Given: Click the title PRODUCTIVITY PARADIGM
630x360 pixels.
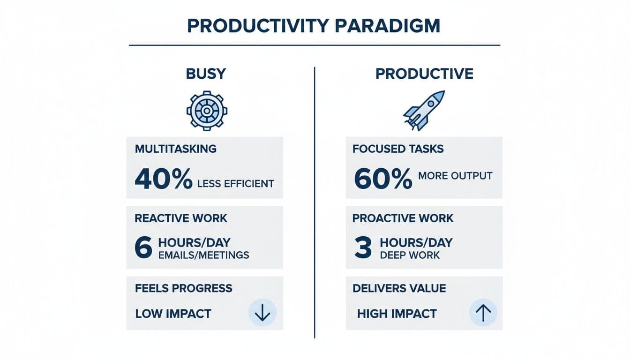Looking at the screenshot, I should tap(314, 26).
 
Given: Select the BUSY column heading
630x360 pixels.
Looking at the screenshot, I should tap(206, 74).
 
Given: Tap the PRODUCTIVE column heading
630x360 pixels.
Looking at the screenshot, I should tap(424, 74).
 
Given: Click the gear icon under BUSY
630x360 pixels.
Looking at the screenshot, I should tap(207, 111).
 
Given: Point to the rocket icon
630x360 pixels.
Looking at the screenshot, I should tap(424, 111).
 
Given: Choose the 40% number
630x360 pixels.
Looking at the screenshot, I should tap(163, 179).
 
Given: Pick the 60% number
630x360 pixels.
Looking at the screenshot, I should tap(383, 179).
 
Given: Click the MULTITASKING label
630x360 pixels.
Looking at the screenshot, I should tap(176, 149).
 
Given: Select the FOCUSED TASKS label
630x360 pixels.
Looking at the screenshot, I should tap(398, 149).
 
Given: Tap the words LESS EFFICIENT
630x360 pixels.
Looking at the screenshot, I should tap(235, 183).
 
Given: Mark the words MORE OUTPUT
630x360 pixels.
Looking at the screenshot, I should tap(455, 176).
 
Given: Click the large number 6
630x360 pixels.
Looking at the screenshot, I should tap(143, 248).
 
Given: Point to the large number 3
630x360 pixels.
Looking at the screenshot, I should tap(363, 248).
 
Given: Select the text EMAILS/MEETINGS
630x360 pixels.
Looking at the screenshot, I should tap(203, 255).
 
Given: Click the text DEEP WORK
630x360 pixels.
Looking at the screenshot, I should tap(410, 255).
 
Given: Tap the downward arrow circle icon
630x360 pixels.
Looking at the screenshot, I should tap(262, 313).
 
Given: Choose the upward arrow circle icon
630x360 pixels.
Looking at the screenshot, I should tap(483, 313).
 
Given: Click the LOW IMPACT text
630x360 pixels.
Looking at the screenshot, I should tap(173, 314).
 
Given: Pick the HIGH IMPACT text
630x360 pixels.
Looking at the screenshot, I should tap(397, 314).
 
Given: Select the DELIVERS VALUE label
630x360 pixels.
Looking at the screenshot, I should tap(399, 289).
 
